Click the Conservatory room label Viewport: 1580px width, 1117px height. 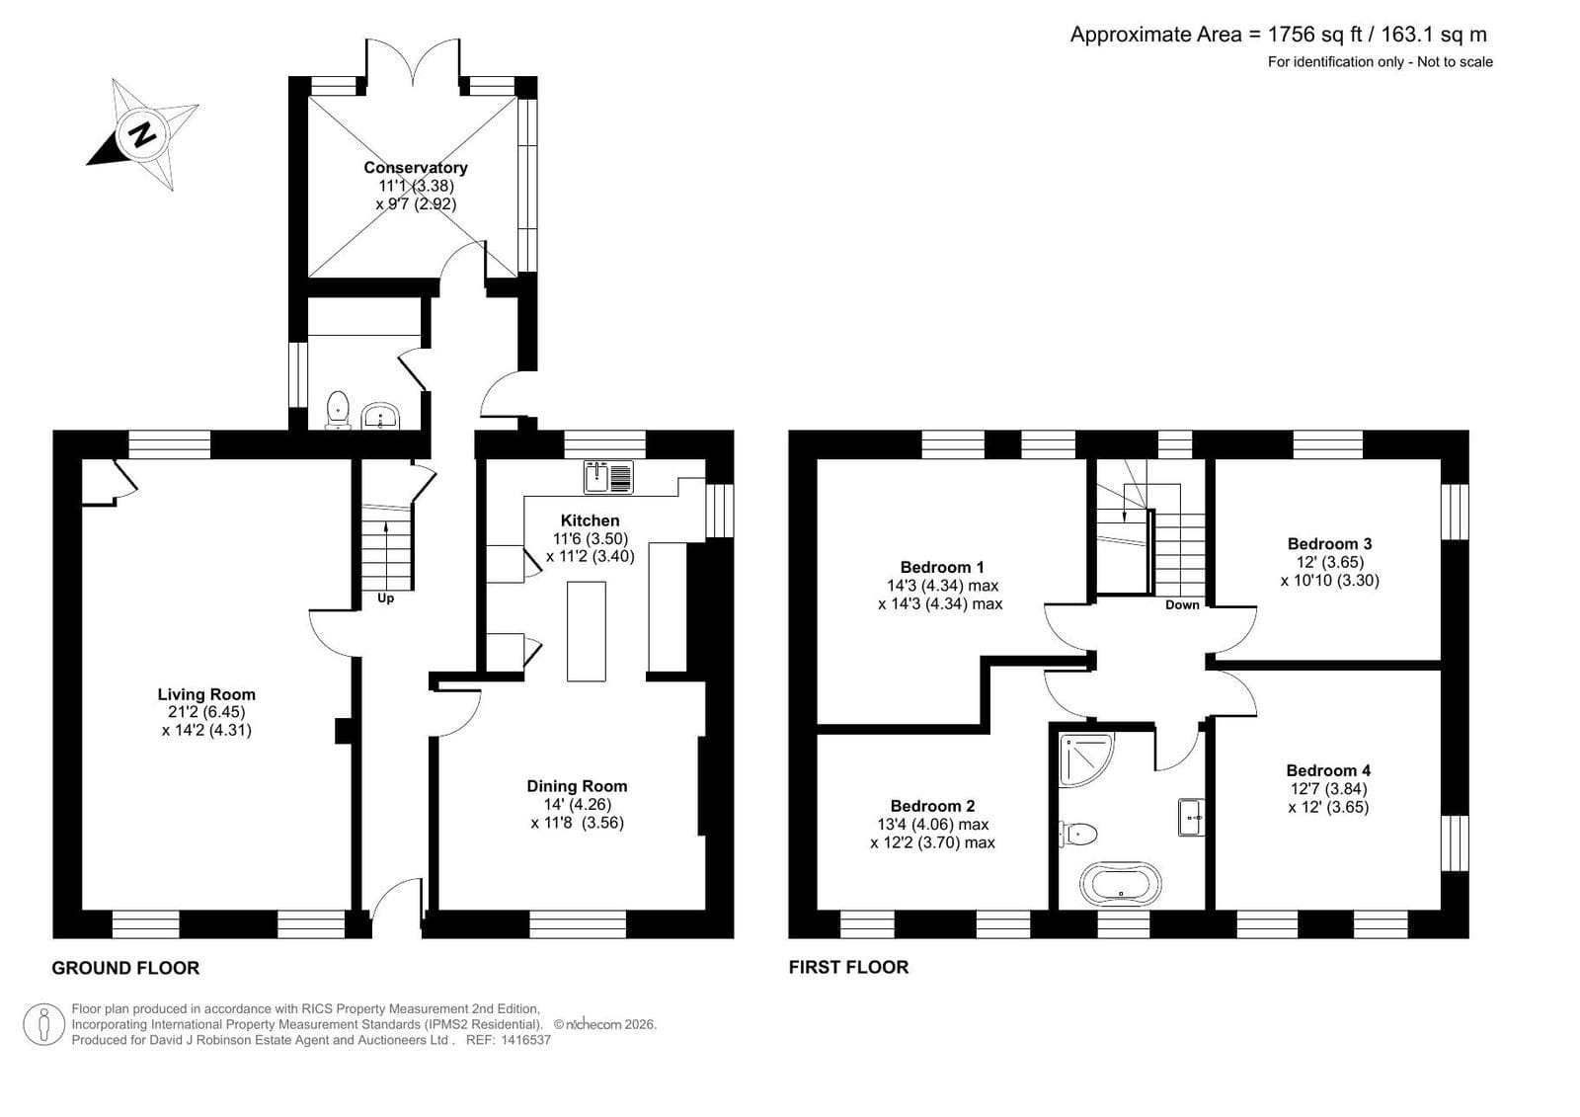pyautogui.click(x=416, y=167)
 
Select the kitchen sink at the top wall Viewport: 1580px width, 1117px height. pyautogui.click(x=608, y=477)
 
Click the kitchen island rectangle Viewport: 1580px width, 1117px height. pyautogui.click(x=587, y=631)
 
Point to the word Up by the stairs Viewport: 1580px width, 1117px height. pyautogui.click(x=385, y=598)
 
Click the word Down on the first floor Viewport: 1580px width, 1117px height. pyautogui.click(x=1182, y=604)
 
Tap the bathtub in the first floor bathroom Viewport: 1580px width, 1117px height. pyautogui.click(x=1120, y=884)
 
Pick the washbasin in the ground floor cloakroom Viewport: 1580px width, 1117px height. pyautogui.click(x=380, y=417)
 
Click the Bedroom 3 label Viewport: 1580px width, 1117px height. pyautogui.click(x=1329, y=543)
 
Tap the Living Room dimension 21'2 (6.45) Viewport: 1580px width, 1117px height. pyautogui.click(x=201, y=712)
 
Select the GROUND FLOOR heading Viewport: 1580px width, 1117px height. pyautogui.click(x=125, y=968)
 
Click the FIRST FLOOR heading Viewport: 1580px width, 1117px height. pyautogui.click(x=848, y=967)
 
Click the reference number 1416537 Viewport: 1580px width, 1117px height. pyautogui.click(x=525, y=1040)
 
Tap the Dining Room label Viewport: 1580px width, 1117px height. pyautogui.click(x=577, y=786)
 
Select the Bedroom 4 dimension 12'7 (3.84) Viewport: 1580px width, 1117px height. pyautogui.click(x=1329, y=789)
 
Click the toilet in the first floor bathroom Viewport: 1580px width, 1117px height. pyautogui.click(x=1078, y=834)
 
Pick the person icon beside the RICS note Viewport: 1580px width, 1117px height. pyautogui.click(x=44, y=1024)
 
